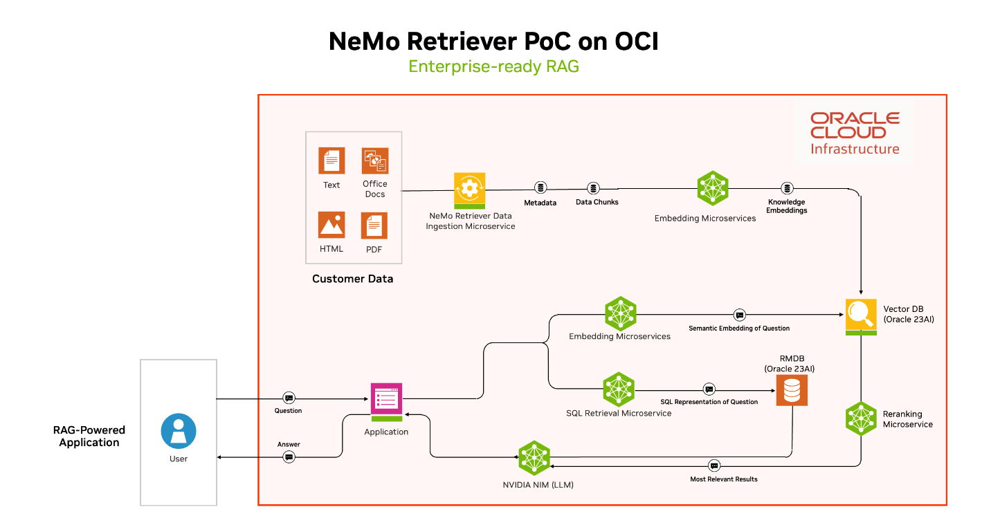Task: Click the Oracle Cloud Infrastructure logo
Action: tap(855, 133)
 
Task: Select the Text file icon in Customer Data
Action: tap(331, 161)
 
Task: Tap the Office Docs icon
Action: tap(374, 161)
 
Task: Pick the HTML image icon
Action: tap(331, 225)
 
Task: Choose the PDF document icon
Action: tap(374, 225)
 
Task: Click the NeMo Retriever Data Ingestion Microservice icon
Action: tap(470, 190)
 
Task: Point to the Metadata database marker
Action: tap(540, 188)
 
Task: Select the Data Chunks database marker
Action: tap(593, 188)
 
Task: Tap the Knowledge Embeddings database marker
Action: tap(787, 188)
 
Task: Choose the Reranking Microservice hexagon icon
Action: tap(861, 418)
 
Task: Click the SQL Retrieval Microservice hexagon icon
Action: tap(619, 389)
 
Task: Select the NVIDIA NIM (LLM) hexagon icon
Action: tap(534, 457)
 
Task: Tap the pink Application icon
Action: tap(386, 401)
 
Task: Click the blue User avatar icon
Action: tap(179, 430)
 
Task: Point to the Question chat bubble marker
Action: tap(289, 398)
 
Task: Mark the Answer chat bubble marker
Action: tap(289, 457)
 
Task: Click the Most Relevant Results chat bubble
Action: tap(715, 466)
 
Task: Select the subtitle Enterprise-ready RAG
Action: tap(493, 66)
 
